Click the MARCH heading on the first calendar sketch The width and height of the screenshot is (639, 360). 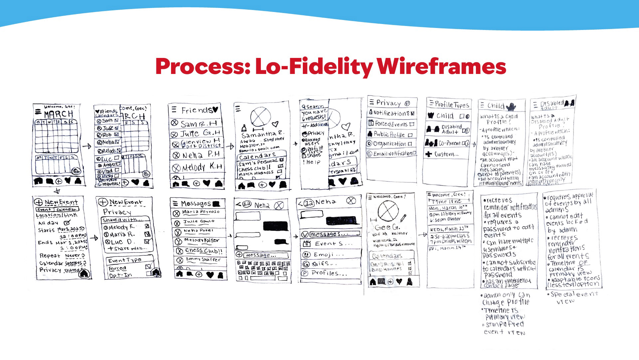tap(59, 114)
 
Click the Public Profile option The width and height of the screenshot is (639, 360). tap(389, 134)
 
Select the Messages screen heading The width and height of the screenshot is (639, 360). tap(196, 203)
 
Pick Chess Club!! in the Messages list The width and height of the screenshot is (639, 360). tap(203, 250)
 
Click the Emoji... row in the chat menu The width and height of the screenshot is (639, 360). tap(323, 254)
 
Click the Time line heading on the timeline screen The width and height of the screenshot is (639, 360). tap(447, 201)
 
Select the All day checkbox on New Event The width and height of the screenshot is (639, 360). tap(68, 222)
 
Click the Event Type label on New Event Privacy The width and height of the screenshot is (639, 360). tap(125, 260)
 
